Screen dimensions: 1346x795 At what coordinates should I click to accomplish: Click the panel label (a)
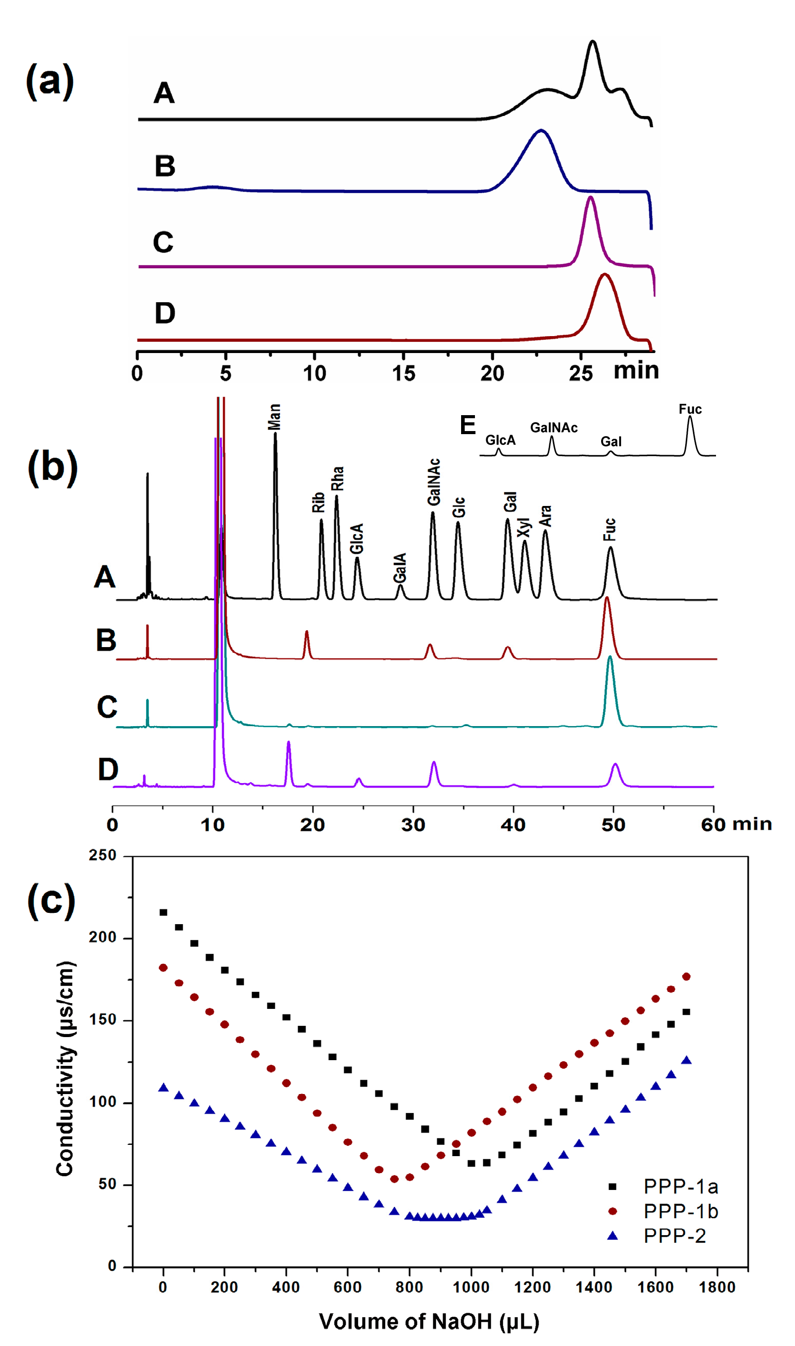point(50,82)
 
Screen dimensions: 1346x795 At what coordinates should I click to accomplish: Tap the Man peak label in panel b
point(274,417)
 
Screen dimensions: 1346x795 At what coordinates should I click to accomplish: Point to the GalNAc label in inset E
point(553,427)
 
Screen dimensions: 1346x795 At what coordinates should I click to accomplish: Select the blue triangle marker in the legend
point(612,1236)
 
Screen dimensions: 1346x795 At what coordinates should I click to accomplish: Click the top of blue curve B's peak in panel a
point(541,131)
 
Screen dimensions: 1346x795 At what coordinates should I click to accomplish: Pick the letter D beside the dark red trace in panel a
point(165,313)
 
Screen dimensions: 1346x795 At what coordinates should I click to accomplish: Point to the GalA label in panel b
point(400,568)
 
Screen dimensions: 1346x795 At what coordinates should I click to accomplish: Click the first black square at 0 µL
point(164,912)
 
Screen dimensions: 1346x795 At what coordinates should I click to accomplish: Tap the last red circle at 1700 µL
point(686,977)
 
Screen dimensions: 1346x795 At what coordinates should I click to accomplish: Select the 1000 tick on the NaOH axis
point(471,1287)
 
